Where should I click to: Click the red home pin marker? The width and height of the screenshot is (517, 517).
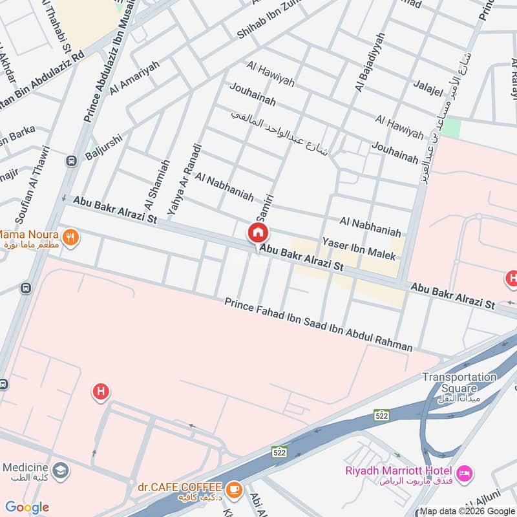[258, 233]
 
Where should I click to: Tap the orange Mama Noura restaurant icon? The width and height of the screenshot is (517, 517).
[72, 237]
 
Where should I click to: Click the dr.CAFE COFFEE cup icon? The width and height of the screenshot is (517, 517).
[234, 489]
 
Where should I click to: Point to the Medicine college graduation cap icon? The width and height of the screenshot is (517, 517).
[60, 469]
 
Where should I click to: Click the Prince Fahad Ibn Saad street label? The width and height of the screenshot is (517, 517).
[318, 325]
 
